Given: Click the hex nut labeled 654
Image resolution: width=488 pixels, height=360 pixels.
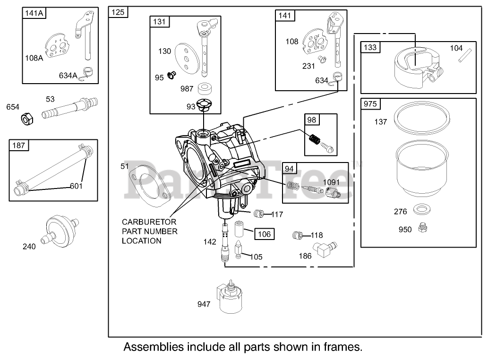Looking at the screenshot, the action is tap(27, 119).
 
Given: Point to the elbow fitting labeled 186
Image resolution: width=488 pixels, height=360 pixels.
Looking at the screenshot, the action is tap(325, 249).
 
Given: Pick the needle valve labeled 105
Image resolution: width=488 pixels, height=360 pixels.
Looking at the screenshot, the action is tap(239, 249).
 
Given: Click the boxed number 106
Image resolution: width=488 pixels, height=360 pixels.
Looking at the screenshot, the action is tap(265, 234).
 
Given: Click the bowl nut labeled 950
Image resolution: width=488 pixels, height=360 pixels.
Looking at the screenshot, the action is tap(422, 228).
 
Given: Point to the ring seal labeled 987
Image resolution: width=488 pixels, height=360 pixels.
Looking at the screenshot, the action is tap(205, 89).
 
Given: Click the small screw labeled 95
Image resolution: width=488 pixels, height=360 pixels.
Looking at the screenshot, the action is tap(171, 75).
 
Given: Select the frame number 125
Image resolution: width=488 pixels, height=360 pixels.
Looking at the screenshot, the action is tap(118, 12).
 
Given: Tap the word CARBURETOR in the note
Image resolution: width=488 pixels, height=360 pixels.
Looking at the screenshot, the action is tap(149, 222).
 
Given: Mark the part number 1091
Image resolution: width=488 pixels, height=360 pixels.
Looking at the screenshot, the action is tap(331, 182).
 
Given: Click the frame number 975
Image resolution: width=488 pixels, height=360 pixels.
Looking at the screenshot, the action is tap(370, 104).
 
